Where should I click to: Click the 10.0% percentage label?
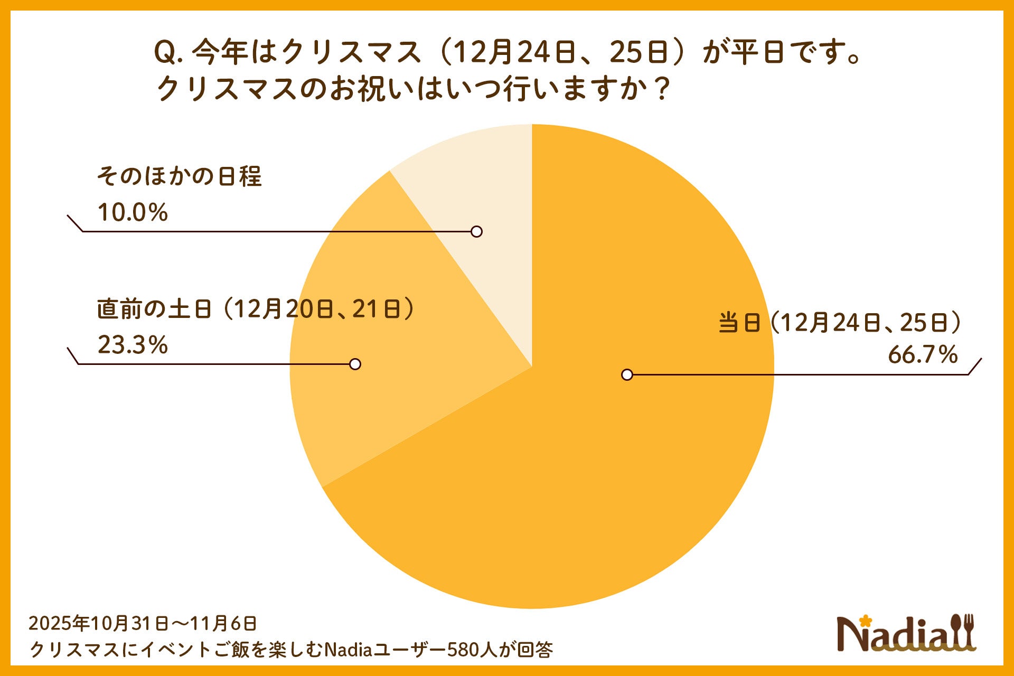click(x=133, y=212)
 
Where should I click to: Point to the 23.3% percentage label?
click(x=133, y=345)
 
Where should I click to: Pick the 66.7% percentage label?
click(x=922, y=355)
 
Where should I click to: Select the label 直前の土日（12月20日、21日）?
click(x=256, y=309)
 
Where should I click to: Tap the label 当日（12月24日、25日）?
click(x=840, y=323)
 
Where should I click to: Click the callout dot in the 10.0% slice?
click(x=476, y=231)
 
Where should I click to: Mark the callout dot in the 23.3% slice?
click(x=355, y=364)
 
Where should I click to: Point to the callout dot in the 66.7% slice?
click(x=627, y=374)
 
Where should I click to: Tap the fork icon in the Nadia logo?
click(x=968, y=631)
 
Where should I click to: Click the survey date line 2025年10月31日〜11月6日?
click(x=143, y=624)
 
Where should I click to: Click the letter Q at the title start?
click(x=165, y=53)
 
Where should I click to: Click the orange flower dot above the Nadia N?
click(x=865, y=620)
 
